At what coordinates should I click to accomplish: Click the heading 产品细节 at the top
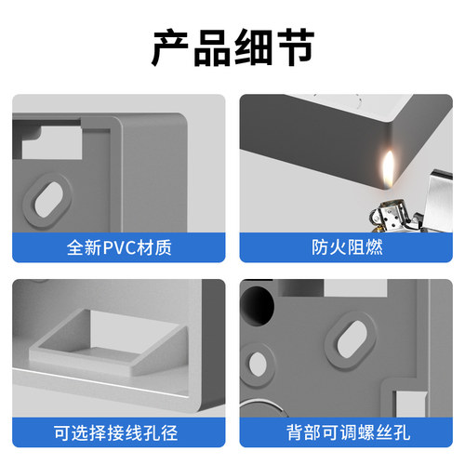coord(232,48)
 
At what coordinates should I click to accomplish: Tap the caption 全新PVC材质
coord(119,247)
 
